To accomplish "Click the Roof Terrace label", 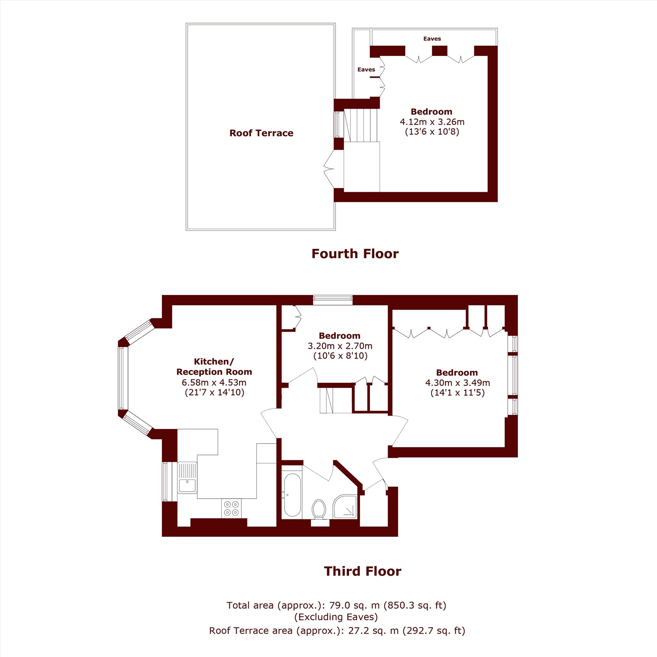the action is [261, 133].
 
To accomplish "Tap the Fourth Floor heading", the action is [355, 254].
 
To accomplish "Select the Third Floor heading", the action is [363, 571].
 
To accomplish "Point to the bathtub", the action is [292, 494].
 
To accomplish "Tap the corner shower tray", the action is [345, 507].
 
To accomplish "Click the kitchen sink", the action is [187, 477].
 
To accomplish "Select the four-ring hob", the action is [231, 509].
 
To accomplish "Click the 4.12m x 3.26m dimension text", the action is [432, 122].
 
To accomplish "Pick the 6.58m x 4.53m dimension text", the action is [214, 382].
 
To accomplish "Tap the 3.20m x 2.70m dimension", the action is [340, 346].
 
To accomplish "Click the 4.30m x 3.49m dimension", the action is [457, 383].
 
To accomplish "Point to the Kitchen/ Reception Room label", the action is [214, 366].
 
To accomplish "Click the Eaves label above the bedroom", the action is [432, 39].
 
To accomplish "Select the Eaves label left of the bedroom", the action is [366, 69].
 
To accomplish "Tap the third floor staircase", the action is [336, 400].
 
